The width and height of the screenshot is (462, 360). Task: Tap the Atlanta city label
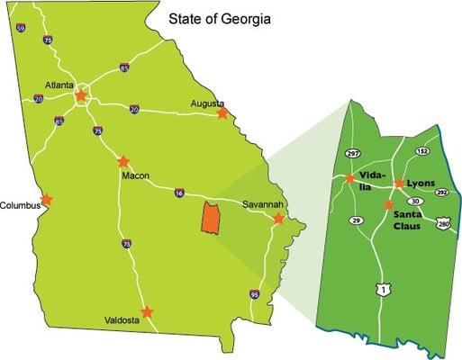59,85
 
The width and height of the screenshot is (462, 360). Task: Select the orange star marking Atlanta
81,94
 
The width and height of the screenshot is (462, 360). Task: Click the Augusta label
208,103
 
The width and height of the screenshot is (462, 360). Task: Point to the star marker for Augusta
222,113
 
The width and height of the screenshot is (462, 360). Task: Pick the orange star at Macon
123,162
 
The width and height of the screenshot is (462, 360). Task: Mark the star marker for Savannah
278,219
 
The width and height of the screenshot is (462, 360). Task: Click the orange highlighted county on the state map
212,219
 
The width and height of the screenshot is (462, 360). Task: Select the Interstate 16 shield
179,193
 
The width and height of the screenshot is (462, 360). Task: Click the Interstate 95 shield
255,294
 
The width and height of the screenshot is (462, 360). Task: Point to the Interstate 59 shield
20,29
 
